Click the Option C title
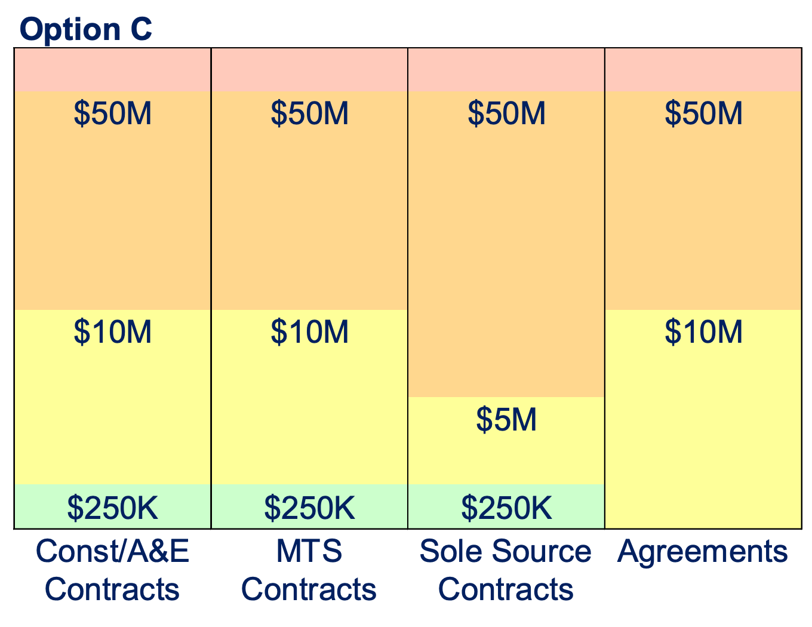(86, 29)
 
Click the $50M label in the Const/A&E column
(113, 113)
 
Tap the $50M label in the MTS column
(310, 113)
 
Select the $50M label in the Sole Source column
(507, 113)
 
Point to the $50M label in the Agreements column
(704, 113)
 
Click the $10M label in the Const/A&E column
(113, 331)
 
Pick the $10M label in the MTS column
(310, 331)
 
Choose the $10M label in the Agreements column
(704, 331)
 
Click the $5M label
(507, 419)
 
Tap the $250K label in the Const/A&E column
(113, 508)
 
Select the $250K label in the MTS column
(310, 508)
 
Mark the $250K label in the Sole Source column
(507, 508)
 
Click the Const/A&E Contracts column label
(113, 570)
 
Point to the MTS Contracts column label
(309, 570)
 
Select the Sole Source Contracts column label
(506, 570)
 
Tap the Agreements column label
(703, 552)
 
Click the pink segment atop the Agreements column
(703, 70)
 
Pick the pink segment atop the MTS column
(310, 70)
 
